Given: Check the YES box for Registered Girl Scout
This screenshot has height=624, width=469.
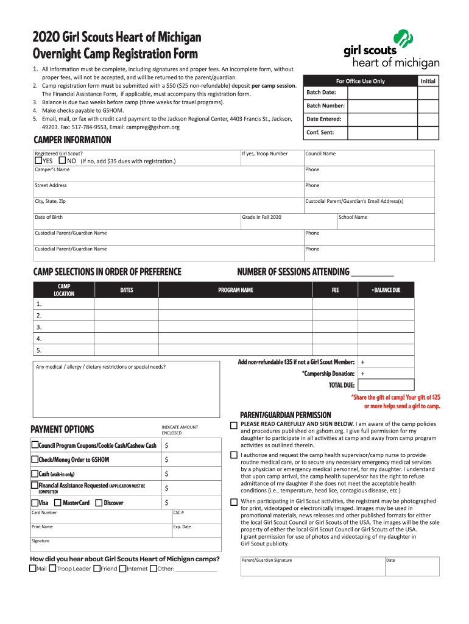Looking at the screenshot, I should pos(38,161).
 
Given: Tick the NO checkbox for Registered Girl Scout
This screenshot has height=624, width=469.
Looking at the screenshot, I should pos(62,161).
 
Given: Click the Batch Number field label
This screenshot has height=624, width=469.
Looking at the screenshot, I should pos(325,105).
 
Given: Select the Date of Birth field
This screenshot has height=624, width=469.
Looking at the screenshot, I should pos(136,221).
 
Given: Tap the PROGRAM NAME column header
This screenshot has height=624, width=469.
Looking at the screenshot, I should pos(236,290).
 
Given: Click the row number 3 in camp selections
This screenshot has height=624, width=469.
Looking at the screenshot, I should pos(39,327).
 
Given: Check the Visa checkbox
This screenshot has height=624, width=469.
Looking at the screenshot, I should pos(34,503).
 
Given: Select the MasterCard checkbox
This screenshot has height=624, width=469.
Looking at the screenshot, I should pos(57,503).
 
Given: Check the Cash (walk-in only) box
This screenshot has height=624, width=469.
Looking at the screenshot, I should pos(34,473).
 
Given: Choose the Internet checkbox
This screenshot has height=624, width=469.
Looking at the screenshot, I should pos(122,569).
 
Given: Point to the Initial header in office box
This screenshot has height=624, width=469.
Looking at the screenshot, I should pos(427,81).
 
